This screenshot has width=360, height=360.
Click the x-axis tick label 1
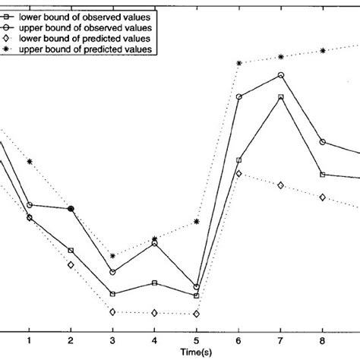click(29, 341)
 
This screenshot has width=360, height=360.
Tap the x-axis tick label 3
click(112, 341)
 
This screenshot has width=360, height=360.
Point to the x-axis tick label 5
click(197, 341)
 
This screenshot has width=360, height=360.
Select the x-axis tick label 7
click(281, 341)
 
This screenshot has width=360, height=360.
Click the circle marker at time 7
click(281, 75)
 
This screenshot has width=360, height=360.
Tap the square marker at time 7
click(281, 97)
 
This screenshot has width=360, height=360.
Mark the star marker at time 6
click(239, 63)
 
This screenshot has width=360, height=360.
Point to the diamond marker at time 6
click(239, 174)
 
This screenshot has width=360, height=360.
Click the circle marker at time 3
click(112, 272)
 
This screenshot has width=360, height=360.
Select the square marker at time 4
click(155, 283)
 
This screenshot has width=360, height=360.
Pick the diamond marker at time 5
click(197, 314)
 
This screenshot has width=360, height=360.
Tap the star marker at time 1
click(29, 161)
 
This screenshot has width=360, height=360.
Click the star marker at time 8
click(324, 50)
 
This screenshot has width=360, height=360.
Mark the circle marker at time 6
click(239, 97)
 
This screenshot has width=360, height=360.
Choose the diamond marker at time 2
click(71, 265)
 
